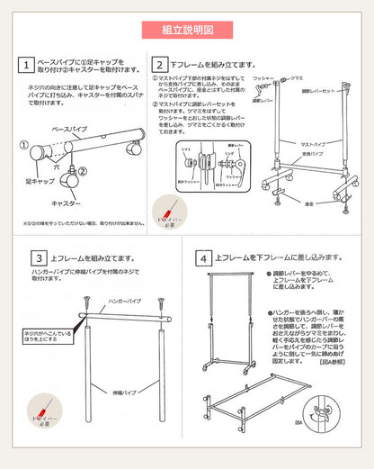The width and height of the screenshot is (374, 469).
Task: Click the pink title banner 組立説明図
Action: point(187,29)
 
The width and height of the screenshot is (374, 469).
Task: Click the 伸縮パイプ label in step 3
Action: point(119,393)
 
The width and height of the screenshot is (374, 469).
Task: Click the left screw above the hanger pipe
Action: point(85,304)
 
